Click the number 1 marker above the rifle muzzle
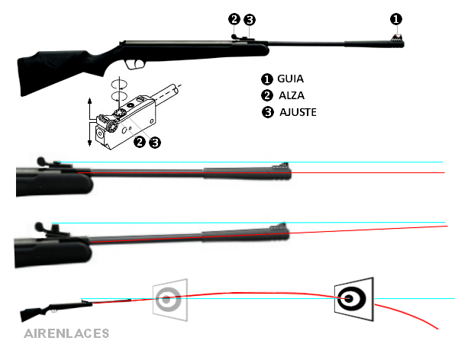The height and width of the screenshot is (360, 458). [x=395, y=18]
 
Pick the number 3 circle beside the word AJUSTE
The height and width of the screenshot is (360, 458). [x=267, y=112]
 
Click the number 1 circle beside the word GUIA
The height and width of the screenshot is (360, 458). [x=267, y=79]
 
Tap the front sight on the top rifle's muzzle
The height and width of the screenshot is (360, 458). [x=396, y=34]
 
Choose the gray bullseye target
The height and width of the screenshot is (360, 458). [x=168, y=298]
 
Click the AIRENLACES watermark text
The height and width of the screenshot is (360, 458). [x=66, y=333]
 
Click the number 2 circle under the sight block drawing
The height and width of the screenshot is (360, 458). [x=139, y=142]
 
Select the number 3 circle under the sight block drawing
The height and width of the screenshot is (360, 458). [x=155, y=142]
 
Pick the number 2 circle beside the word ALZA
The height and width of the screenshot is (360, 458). [x=267, y=95]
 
